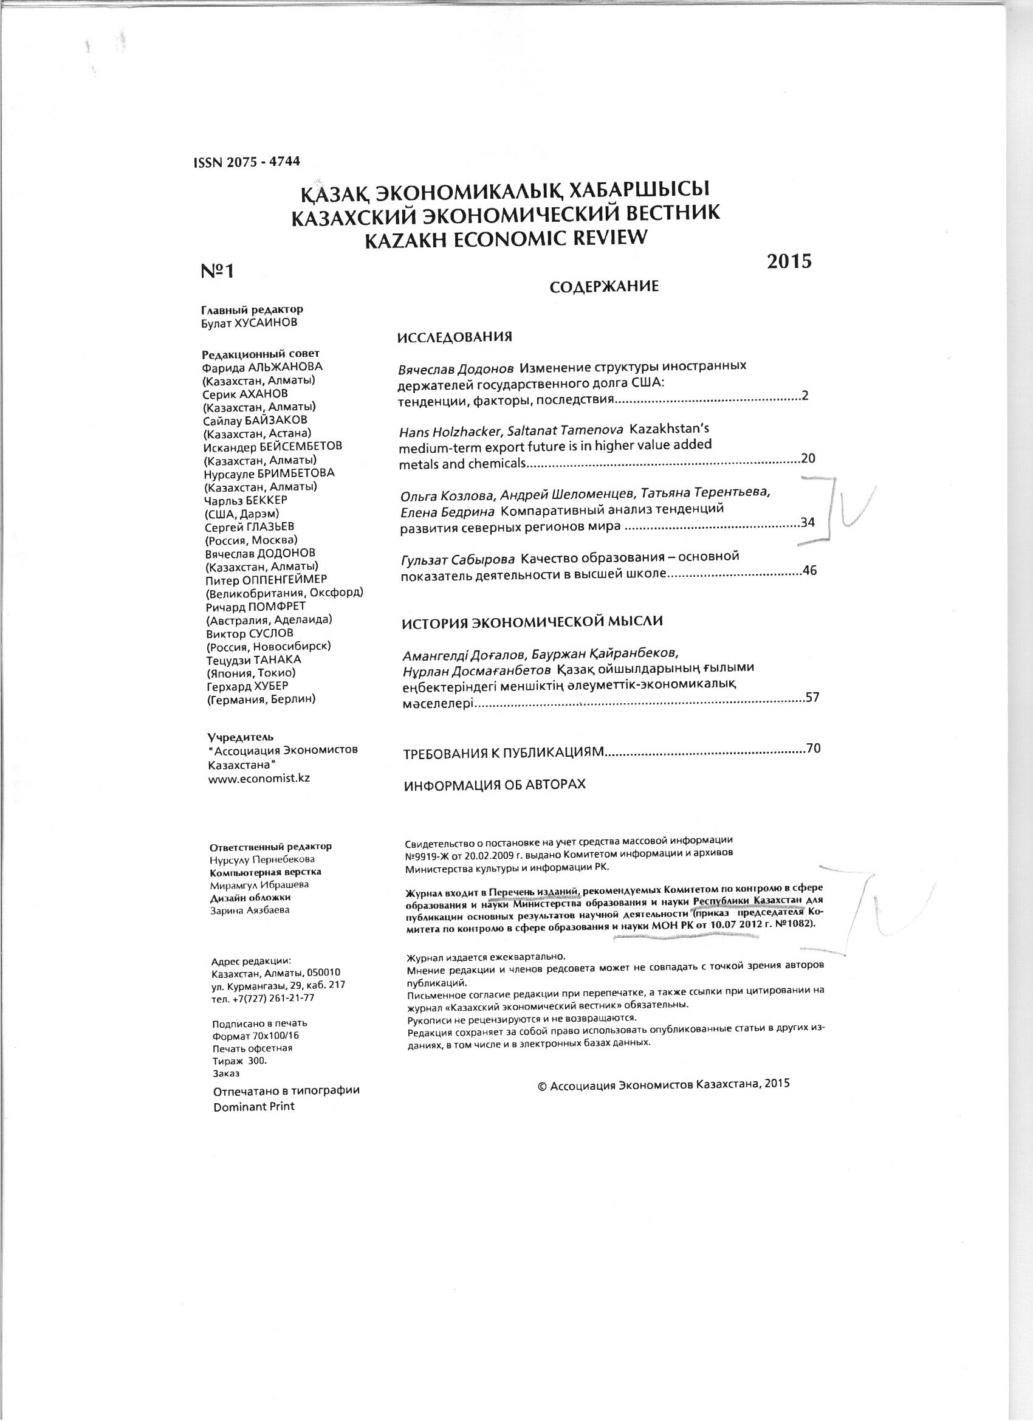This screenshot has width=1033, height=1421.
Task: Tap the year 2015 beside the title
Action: click(x=789, y=261)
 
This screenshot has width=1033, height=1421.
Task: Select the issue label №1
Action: click(x=217, y=270)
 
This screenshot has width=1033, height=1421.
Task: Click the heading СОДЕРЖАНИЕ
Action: click(x=604, y=287)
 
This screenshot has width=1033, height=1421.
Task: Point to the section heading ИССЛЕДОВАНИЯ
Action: click(x=455, y=337)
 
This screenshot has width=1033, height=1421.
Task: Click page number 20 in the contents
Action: click(x=808, y=459)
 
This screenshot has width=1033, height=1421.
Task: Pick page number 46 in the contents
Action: click(x=809, y=571)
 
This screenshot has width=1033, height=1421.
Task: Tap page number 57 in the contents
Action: click(x=812, y=697)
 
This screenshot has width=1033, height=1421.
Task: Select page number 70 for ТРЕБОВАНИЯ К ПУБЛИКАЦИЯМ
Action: click(x=813, y=748)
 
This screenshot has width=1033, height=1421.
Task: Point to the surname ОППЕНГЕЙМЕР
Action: click(x=283, y=580)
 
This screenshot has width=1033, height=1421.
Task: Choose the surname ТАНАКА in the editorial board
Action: click(x=276, y=660)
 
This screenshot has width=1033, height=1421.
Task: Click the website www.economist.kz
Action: click(x=259, y=778)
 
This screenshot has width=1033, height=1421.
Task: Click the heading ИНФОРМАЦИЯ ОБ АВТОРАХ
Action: click(x=495, y=785)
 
